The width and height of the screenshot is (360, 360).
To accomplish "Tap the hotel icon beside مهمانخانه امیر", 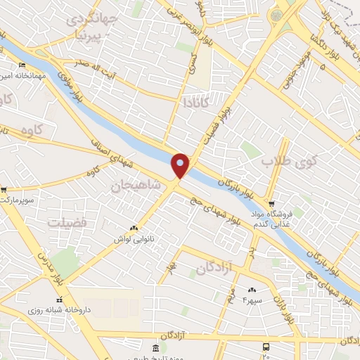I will coord(21,65).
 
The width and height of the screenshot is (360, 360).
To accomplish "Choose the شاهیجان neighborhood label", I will coord(135,185).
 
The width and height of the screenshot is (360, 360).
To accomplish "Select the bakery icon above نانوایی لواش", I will coord(133,229).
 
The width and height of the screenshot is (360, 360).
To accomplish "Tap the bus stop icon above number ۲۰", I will coord(265,346).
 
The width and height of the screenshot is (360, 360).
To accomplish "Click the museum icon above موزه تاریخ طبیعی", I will coord(156,347).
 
